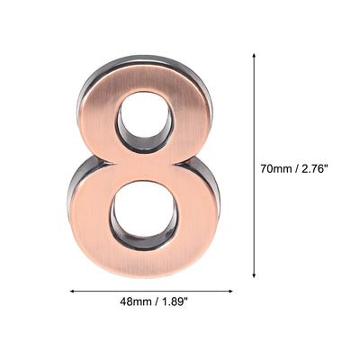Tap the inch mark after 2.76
[x=337, y=165]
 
